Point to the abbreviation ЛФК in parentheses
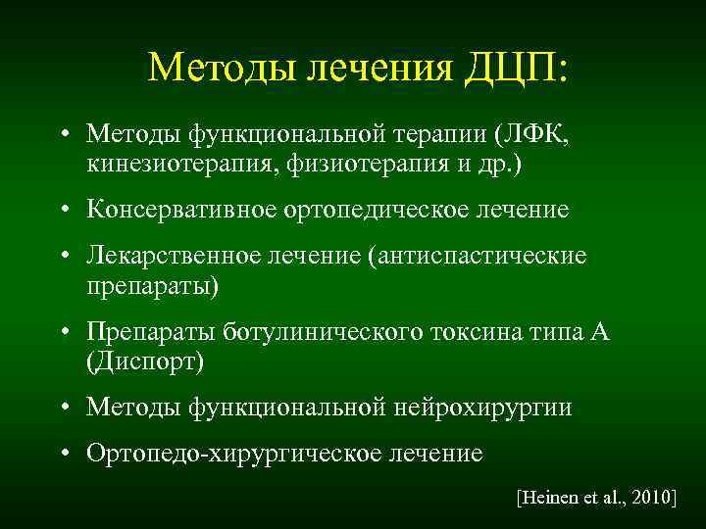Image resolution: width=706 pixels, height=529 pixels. tap(536, 132)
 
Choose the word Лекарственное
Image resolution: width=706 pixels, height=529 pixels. tap(172, 257)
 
